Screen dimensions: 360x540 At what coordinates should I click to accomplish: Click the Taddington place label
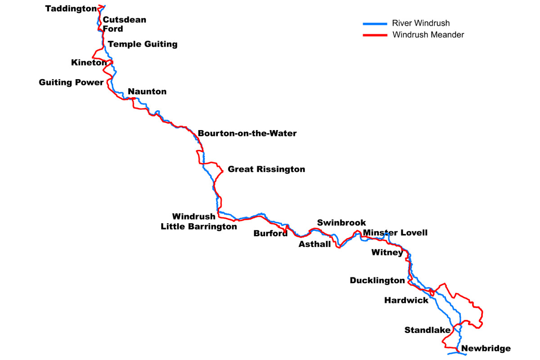coord(71,9)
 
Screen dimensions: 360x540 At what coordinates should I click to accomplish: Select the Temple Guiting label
coord(143,44)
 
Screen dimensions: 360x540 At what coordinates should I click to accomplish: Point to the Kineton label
coord(89,63)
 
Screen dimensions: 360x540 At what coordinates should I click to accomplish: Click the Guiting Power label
coord(71,82)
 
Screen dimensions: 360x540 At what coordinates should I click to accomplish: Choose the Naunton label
coord(147,92)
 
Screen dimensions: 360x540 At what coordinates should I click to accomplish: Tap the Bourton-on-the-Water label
coord(247,134)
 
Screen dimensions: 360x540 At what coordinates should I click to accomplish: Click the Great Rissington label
coord(266,170)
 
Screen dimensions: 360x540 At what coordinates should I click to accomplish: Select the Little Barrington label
coord(198,227)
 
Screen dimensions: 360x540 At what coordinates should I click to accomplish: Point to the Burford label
coord(270,234)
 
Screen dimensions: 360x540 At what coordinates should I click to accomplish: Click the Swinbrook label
coord(342,223)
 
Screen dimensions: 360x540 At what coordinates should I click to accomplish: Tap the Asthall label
coord(315,244)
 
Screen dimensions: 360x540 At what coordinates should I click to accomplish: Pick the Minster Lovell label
coord(395,233)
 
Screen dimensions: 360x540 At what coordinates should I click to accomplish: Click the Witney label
coord(387,252)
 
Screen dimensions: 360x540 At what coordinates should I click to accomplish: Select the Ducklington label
coord(377,281)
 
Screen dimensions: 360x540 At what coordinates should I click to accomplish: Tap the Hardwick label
coord(406,300)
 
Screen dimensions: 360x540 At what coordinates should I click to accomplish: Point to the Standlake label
coord(427,330)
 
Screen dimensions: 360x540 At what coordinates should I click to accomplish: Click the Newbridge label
coord(486,348)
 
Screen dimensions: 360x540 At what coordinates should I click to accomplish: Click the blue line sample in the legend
coord(375,23)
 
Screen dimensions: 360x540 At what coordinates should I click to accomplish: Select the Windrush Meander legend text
coord(428,35)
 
